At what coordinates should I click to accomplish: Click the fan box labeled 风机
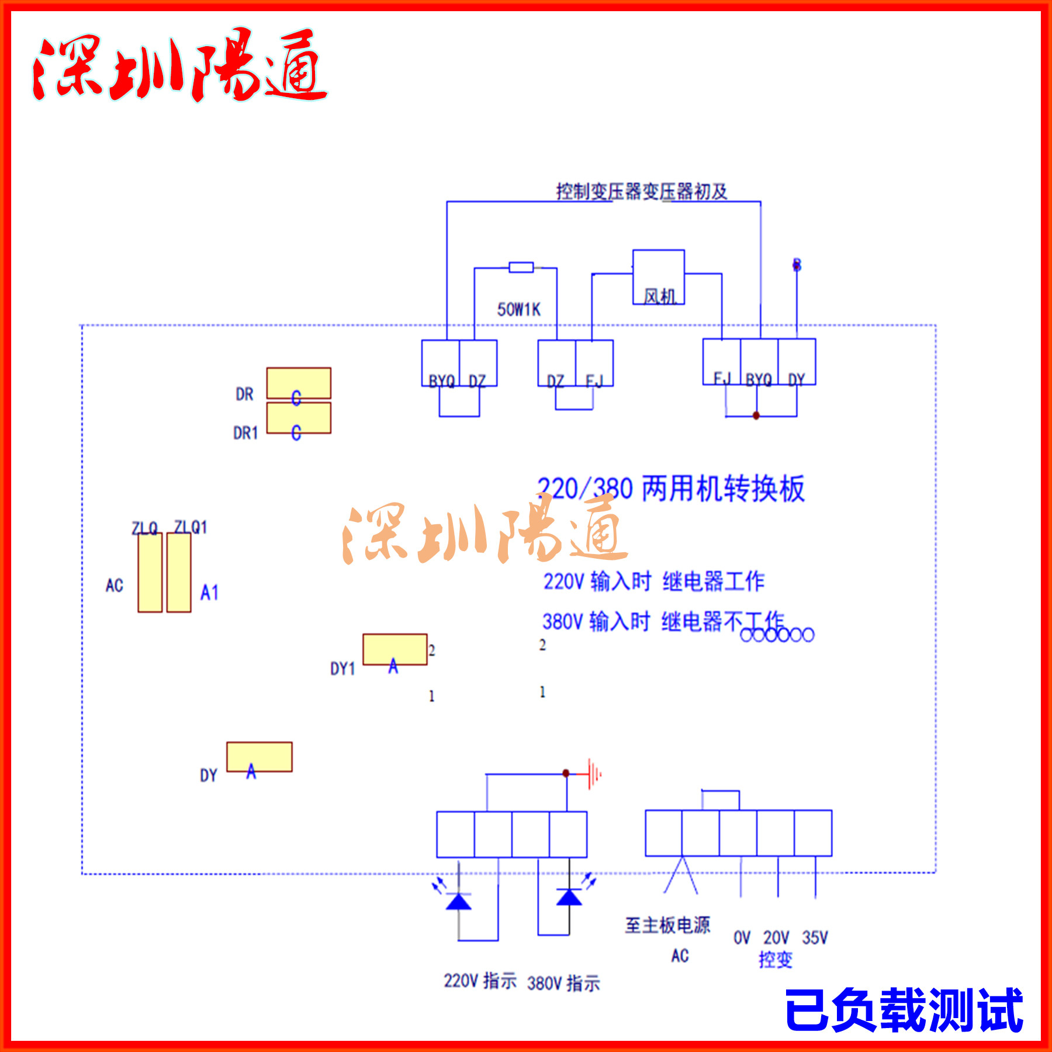click(x=658, y=277)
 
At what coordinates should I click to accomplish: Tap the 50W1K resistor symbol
click(x=521, y=267)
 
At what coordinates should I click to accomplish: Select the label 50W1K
click(x=518, y=309)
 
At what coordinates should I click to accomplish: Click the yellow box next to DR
click(x=299, y=383)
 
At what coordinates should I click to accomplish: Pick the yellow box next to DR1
click(x=299, y=417)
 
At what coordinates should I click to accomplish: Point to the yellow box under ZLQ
click(x=150, y=572)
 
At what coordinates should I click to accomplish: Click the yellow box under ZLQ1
click(x=179, y=572)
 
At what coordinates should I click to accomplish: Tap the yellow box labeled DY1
click(x=395, y=649)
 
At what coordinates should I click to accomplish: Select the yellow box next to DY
click(x=259, y=756)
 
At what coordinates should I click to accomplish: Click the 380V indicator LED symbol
click(x=569, y=897)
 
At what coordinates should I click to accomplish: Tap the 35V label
click(x=815, y=937)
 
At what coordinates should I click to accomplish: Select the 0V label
click(x=742, y=937)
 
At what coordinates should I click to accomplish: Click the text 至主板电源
click(x=667, y=925)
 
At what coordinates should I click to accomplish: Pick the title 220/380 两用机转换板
click(x=671, y=489)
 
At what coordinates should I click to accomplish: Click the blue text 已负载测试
click(x=904, y=1010)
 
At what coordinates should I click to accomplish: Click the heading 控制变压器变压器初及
click(x=641, y=191)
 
